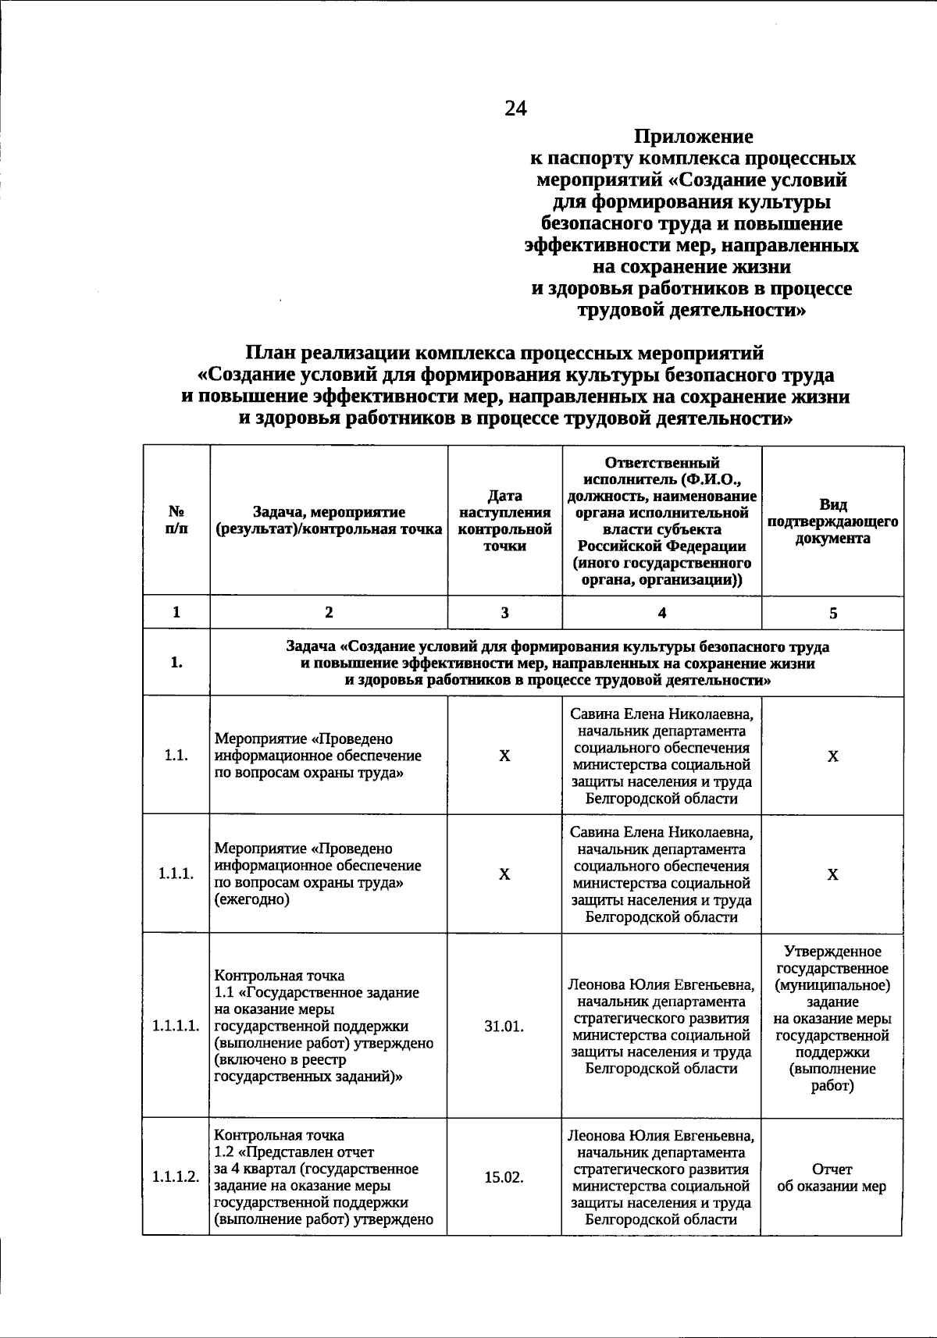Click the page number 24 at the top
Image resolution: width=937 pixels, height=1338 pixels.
515,109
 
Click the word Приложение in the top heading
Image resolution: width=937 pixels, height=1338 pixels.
693,137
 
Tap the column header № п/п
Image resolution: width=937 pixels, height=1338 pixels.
177,521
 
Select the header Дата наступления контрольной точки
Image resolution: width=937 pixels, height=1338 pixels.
504,521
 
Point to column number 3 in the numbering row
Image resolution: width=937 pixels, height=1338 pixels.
504,613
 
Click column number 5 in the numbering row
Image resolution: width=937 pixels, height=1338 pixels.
832,613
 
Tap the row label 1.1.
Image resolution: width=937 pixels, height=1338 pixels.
176,756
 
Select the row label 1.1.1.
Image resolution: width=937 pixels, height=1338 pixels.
176,874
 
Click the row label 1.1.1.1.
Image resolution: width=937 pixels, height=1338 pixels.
176,1026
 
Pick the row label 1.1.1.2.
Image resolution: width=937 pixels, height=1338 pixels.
176,1177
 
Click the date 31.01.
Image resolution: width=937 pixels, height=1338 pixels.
504,1026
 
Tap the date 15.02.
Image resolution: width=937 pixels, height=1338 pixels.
504,1177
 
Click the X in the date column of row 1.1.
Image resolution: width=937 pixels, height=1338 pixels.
504,756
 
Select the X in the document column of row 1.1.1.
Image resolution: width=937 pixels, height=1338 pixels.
832,874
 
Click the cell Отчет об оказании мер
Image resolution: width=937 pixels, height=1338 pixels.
832,1178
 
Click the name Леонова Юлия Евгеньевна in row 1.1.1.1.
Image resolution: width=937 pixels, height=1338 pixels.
661,984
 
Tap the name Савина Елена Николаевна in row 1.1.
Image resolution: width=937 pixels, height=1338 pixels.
661,714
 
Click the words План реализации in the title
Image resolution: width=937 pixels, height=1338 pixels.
327,354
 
